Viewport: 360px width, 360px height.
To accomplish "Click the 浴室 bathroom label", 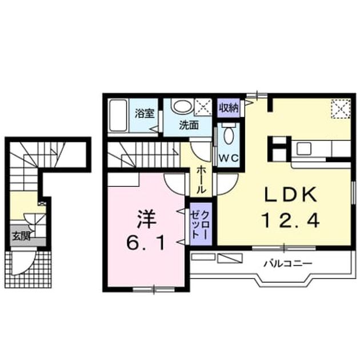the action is coord(145,113).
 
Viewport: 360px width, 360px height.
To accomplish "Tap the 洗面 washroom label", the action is coord(189,125).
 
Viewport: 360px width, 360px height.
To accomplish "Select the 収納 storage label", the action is coord(229,107).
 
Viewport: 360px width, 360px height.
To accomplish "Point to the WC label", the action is coord(229,158).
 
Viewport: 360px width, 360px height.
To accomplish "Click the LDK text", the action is coord(291,195).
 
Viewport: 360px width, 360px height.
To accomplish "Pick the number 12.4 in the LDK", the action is coord(291,220).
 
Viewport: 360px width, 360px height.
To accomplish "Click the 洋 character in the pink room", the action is coord(146,219).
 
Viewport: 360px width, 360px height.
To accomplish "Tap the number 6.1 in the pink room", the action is coord(146,243).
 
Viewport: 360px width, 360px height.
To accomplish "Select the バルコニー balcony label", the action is coord(288,263).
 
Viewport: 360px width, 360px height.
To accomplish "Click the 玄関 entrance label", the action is coord(21,236).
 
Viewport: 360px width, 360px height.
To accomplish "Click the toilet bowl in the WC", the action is coord(229,136).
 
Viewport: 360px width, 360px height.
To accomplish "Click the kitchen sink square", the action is coord(304,149).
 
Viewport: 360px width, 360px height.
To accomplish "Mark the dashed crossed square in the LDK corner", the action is coord(341,109).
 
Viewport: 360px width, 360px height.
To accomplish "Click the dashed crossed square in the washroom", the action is coord(203,107).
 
